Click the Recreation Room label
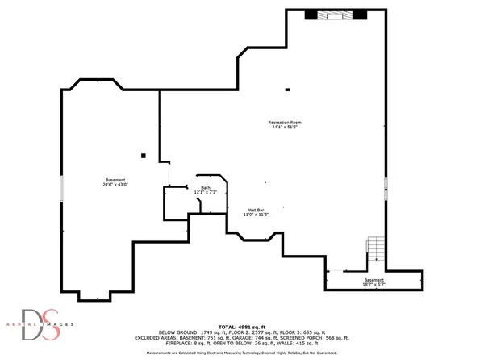point(286,122)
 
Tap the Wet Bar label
point(256,209)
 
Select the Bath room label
point(207,187)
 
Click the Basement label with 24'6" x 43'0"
point(115,179)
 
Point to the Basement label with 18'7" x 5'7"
point(373,280)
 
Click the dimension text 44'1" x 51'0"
point(286,127)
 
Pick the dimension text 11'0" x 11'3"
point(256,215)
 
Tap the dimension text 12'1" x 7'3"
point(207,193)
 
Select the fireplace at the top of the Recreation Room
point(335,15)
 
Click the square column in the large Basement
point(143,155)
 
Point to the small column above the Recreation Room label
point(287,90)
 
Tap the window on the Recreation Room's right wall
point(386,187)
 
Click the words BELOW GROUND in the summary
point(178,332)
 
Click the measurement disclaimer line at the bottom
point(241,353)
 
